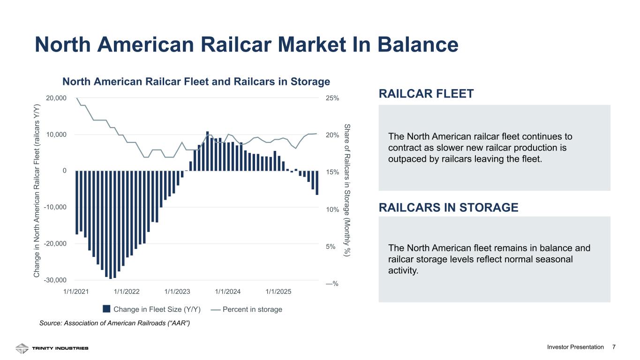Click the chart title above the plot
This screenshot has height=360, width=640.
(196, 82)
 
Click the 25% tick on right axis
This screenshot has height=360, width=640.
(332, 98)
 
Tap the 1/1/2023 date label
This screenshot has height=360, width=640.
(177, 292)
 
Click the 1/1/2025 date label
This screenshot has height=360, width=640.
(279, 292)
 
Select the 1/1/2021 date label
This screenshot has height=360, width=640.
(76, 292)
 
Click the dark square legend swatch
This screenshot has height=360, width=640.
(106, 309)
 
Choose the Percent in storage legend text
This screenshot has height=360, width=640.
(252, 309)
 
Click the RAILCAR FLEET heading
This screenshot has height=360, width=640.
(426, 94)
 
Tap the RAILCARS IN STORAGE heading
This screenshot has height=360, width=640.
(448, 207)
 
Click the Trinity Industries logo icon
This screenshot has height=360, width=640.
(22, 348)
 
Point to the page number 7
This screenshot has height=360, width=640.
(614, 347)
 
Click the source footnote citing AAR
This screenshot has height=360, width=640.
(114, 323)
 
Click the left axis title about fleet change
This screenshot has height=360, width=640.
(37, 191)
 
